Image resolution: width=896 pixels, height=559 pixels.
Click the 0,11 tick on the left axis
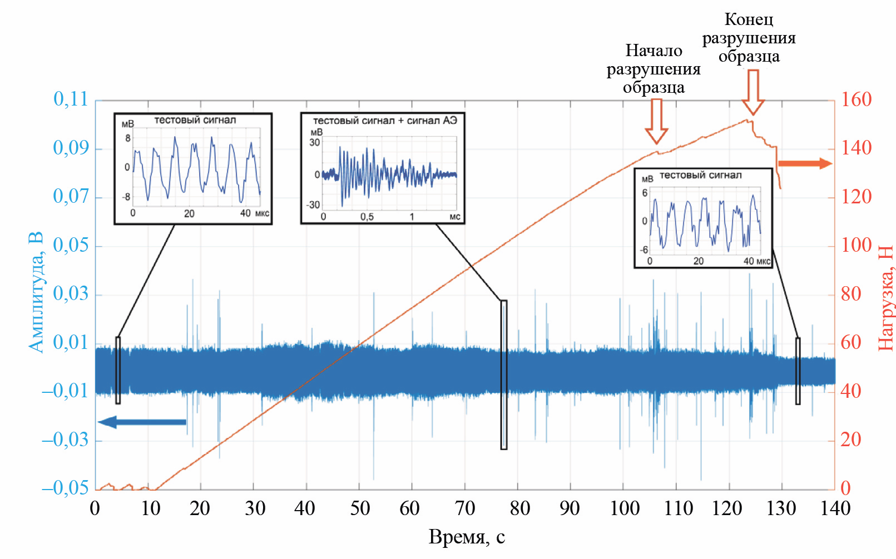71,99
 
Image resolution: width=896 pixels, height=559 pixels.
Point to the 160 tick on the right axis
856,100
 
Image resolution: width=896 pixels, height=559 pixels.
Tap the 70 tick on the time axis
464,508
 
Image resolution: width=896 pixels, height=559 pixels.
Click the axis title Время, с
466,537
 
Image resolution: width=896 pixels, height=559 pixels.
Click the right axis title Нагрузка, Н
885,298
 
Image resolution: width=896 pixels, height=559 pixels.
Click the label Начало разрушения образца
654,69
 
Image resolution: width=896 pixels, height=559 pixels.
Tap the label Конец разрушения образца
749,38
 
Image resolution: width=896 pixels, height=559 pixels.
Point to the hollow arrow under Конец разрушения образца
753,92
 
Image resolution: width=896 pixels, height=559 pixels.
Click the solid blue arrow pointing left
142,422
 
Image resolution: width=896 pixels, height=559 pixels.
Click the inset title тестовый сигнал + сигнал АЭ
384,121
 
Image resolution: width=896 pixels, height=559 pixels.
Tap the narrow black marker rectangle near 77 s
504,375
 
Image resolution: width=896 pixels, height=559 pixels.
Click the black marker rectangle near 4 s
118,370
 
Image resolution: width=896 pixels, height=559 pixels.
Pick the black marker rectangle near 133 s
798,371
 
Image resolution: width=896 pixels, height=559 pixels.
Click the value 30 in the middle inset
315,143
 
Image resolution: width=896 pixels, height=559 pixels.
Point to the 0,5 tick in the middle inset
367,217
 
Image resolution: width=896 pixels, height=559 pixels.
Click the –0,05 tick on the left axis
66,488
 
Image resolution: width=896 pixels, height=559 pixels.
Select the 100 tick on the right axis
856,246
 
